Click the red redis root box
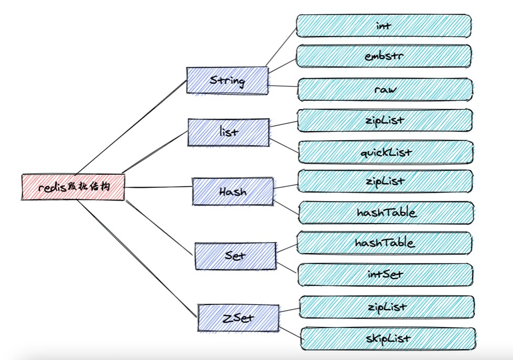coord(73,187)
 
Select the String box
coord(227,81)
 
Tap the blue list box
coord(228,132)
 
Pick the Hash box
coord(233,191)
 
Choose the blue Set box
coord(236,256)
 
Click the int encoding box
coord(384,26)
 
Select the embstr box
coord(384,56)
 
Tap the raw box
coord(386,89)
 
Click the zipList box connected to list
coord(386,120)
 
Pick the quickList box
coord(387,152)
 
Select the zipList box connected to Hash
coord(386,181)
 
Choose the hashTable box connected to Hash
coord(387,212)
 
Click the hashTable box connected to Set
coord(386,243)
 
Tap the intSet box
coord(386,274)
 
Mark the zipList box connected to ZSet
coord(387,306)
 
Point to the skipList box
coord(388,338)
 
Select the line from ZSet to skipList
coord(289,332)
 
